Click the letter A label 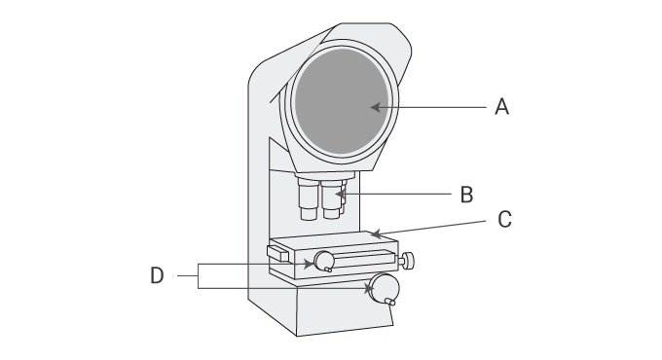[x=501, y=106]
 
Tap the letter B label [x=466, y=195]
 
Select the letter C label [x=504, y=220]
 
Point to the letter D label [x=157, y=275]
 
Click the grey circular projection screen [x=341, y=101]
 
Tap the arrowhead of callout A [x=375, y=107]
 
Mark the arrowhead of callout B [x=340, y=195]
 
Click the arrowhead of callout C [x=376, y=234]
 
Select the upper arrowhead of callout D [x=310, y=265]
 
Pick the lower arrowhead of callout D [x=369, y=289]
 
